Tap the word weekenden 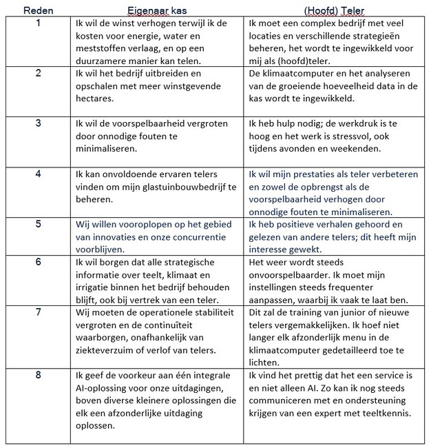pos(364,148)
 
